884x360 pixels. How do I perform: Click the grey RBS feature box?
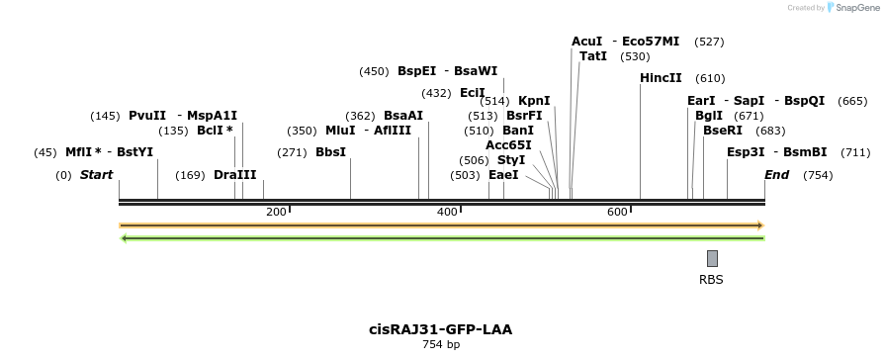point(712,258)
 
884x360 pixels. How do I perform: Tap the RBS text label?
point(711,280)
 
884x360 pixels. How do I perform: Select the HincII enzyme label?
point(661,78)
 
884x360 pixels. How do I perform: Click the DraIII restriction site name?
point(234,175)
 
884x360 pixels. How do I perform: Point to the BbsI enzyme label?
point(330,152)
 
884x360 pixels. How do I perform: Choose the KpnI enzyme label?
point(534,101)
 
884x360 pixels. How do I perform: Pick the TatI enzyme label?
point(593,56)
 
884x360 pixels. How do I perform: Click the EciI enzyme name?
point(473,93)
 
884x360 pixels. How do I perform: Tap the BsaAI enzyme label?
point(403,116)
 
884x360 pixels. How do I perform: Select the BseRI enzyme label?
point(723,131)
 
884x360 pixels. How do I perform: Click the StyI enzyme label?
point(511,159)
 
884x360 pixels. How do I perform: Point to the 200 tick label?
point(276,212)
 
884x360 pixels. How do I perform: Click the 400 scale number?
point(447,212)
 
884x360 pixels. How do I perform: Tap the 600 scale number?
point(618,212)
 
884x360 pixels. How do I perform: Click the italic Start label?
point(97,175)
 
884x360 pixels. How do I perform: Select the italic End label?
point(777,175)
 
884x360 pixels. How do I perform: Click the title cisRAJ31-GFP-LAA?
point(441,329)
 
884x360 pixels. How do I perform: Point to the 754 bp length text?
point(441,344)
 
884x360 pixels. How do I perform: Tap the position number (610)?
point(710,78)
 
